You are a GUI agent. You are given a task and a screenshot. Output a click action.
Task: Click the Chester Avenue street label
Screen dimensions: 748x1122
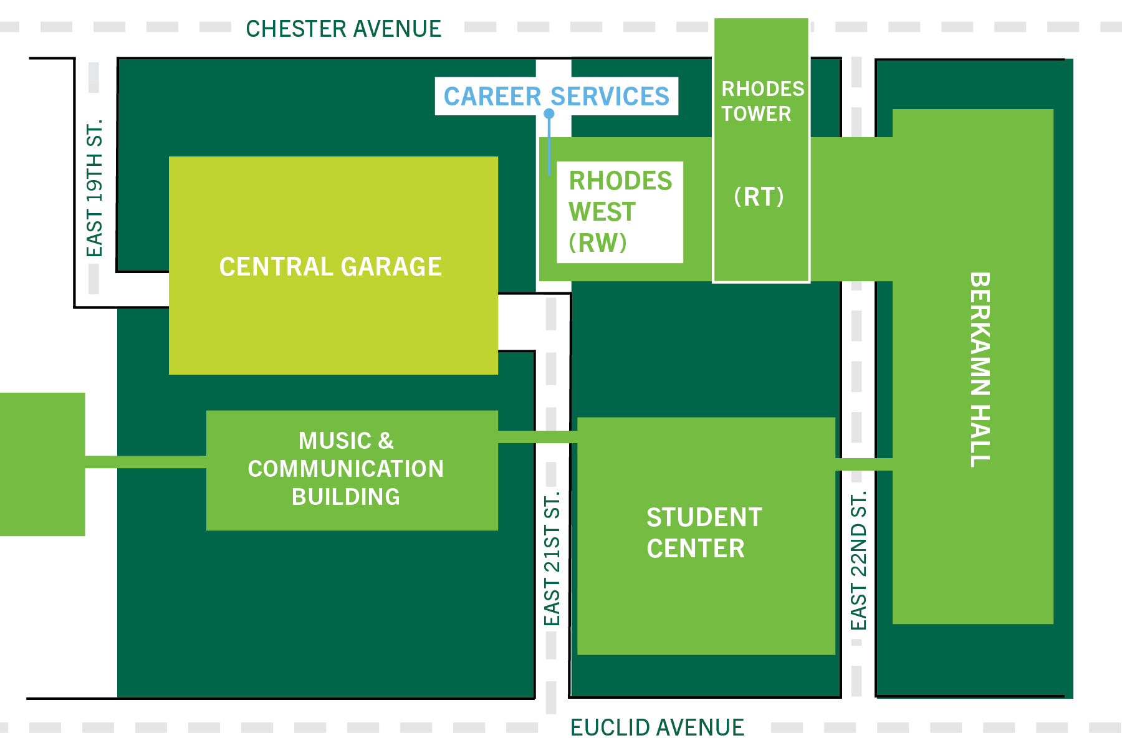[x=343, y=29]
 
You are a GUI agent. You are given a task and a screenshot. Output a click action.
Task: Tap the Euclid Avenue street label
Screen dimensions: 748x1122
[x=656, y=727]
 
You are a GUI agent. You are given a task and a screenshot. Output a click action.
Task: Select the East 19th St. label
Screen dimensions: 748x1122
[x=94, y=188]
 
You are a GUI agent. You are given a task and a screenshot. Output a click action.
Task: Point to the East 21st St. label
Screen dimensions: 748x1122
[x=552, y=559]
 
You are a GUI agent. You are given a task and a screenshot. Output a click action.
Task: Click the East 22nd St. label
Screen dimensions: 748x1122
[x=858, y=560]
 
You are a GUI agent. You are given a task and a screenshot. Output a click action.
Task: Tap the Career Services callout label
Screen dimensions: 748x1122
[x=556, y=96]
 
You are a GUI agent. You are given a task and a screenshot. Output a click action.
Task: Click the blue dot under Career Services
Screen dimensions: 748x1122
[x=549, y=113]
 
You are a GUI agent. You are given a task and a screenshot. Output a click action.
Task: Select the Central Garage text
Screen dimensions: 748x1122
[x=330, y=267]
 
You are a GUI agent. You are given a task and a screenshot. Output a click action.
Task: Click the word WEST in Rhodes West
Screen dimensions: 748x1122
[x=602, y=212]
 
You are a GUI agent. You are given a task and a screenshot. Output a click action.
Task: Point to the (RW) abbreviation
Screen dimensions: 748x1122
[x=597, y=242]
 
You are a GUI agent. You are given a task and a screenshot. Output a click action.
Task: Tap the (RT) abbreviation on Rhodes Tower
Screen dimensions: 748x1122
[x=759, y=197]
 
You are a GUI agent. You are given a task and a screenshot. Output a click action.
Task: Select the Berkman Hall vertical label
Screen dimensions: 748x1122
[x=980, y=369]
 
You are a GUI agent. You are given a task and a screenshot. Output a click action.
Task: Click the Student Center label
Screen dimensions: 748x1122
[x=704, y=533]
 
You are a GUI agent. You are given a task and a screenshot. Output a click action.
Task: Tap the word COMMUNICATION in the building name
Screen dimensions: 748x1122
[x=346, y=469]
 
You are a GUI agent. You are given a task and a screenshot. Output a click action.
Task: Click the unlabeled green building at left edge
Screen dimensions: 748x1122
[x=42, y=464]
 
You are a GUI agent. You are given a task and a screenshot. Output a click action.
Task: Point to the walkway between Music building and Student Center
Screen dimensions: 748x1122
[x=537, y=437]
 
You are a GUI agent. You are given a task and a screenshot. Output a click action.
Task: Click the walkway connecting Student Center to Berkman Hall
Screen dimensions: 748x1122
[x=863, y=464]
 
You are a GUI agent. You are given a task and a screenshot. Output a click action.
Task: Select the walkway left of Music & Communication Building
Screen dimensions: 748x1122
[x=145, y=462]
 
